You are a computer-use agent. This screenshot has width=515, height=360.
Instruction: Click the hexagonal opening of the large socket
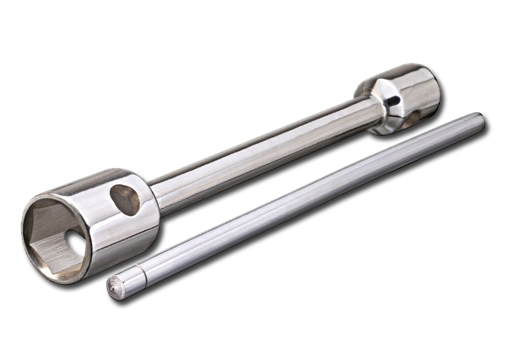point(58,229)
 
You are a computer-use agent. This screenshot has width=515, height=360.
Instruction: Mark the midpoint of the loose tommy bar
point(300,204)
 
